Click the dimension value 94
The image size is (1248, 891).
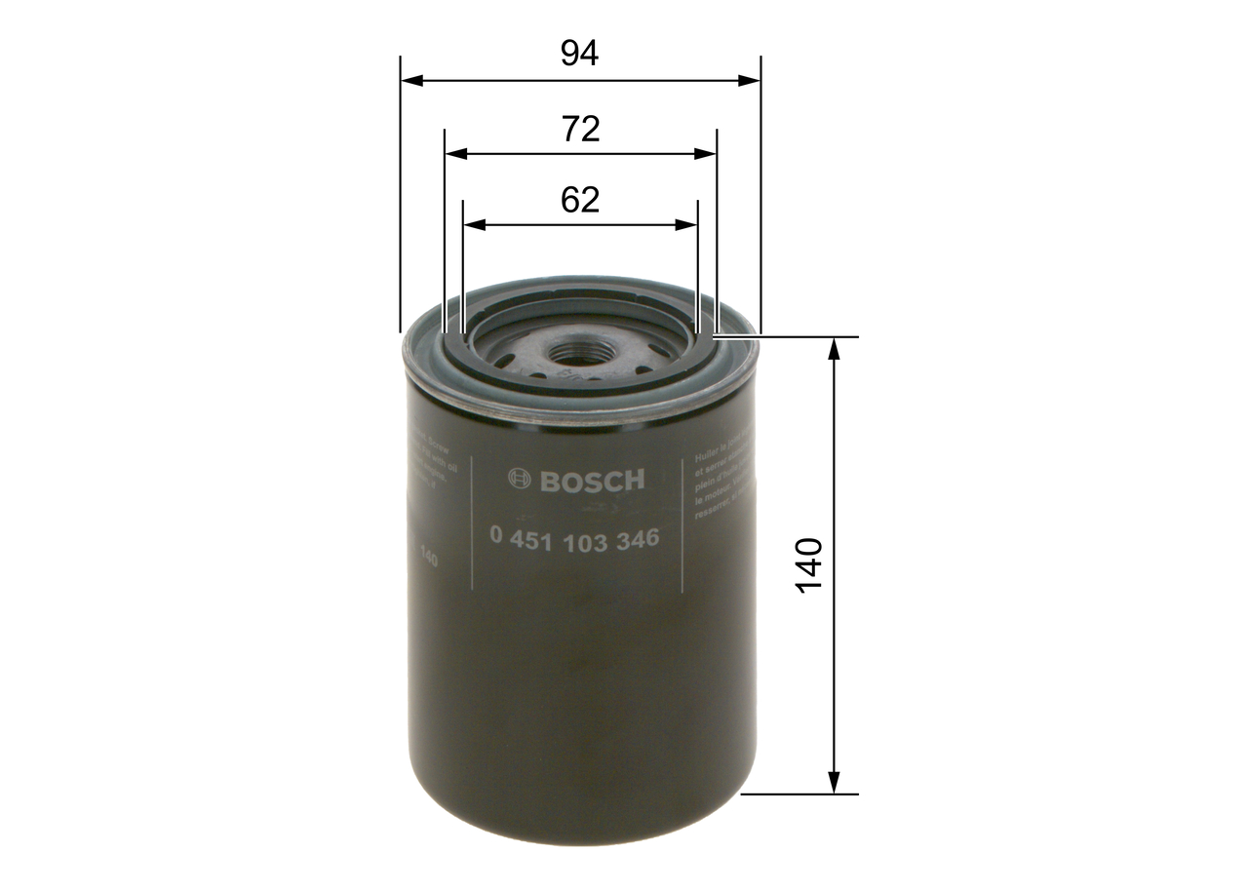click(x=579, y=54)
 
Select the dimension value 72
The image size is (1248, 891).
click(x=579, y=129)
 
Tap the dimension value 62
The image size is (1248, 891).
click(x=579, y=200)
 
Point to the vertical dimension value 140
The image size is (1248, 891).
click(x=809, y=564)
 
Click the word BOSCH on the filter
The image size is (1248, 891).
click(x=592, y=481)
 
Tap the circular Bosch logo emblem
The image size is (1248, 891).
click(x=521, y=480)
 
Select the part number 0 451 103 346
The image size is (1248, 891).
click(x=574, y=539)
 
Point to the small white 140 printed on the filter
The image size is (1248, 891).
click(x=426, y=559)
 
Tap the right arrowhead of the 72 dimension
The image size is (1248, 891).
click(x=706, y=154)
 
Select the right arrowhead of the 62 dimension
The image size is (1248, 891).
click(x=687, y=225)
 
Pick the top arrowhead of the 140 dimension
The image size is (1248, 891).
click(x=834, y=349)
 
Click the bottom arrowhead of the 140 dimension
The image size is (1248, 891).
click(x=834, y=782)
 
